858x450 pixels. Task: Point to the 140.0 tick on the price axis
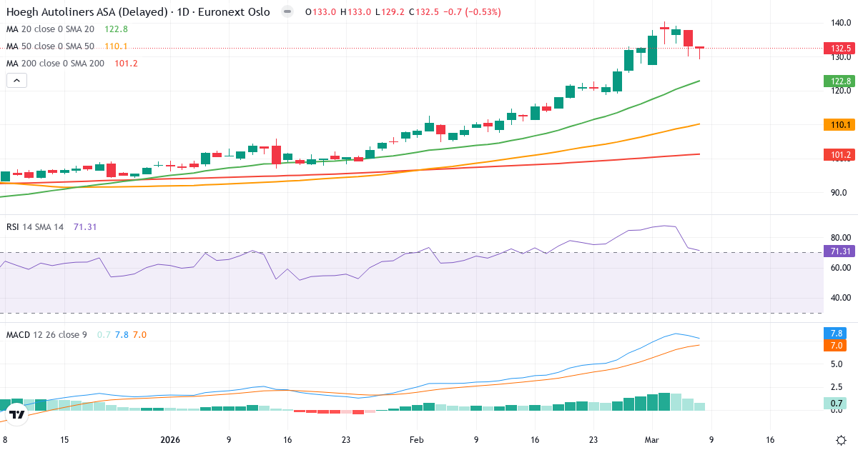[x=840, y=23]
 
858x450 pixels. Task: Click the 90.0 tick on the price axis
[x=840, y=193]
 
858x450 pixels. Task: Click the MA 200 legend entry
[x=55, y=64]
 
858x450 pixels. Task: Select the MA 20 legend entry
[x=50, y=29]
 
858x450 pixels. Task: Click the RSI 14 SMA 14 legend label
[x=35, y=227]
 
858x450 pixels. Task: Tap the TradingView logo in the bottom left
[x=17, y=414]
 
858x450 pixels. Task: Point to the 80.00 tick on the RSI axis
[x=840, y=237]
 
